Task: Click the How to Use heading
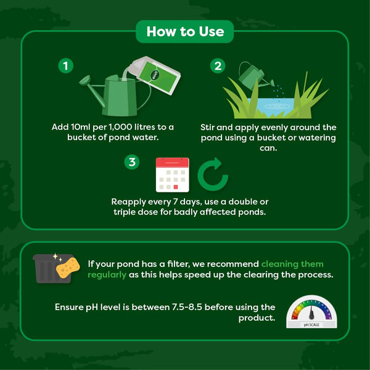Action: click(184, 31)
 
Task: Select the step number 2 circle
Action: click(218, 65)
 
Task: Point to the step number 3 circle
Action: click(131, 162)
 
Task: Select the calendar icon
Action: click(172, 175)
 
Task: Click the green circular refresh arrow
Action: click(213, 176)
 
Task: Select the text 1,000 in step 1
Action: click(124, 127)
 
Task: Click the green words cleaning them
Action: click(300, 263)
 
